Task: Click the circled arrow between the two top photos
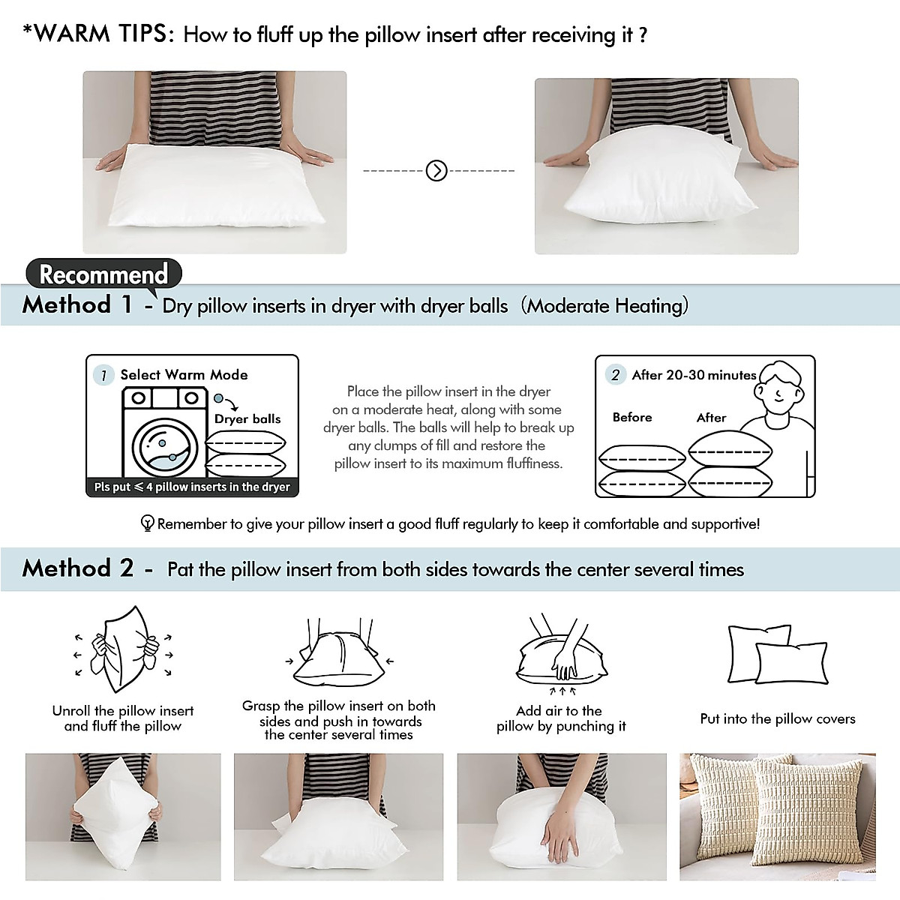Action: click(436, 171)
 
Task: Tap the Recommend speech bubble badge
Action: click(103, 274)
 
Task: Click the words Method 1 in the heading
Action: click(77, 304)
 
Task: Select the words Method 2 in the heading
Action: click(78, 568)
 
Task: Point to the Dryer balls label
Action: click(247, 418)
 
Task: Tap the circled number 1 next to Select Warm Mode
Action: click(103, 375)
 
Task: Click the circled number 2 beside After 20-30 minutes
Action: click(616, 375)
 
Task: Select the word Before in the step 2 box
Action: click(632, 417)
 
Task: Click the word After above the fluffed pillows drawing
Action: click(711, 418)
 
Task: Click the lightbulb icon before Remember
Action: click(148, 523)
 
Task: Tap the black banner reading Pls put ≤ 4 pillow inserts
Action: click(192, 487)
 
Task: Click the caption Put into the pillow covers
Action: click(778, 718)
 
